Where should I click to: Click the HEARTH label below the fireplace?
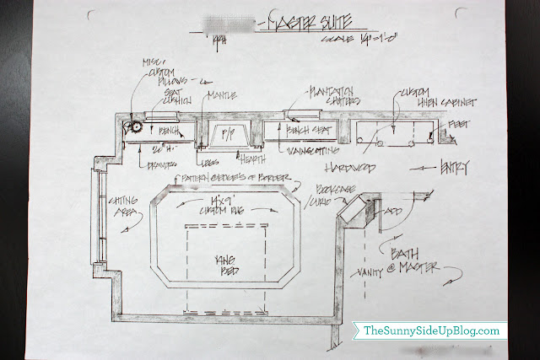tap(248, 158)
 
